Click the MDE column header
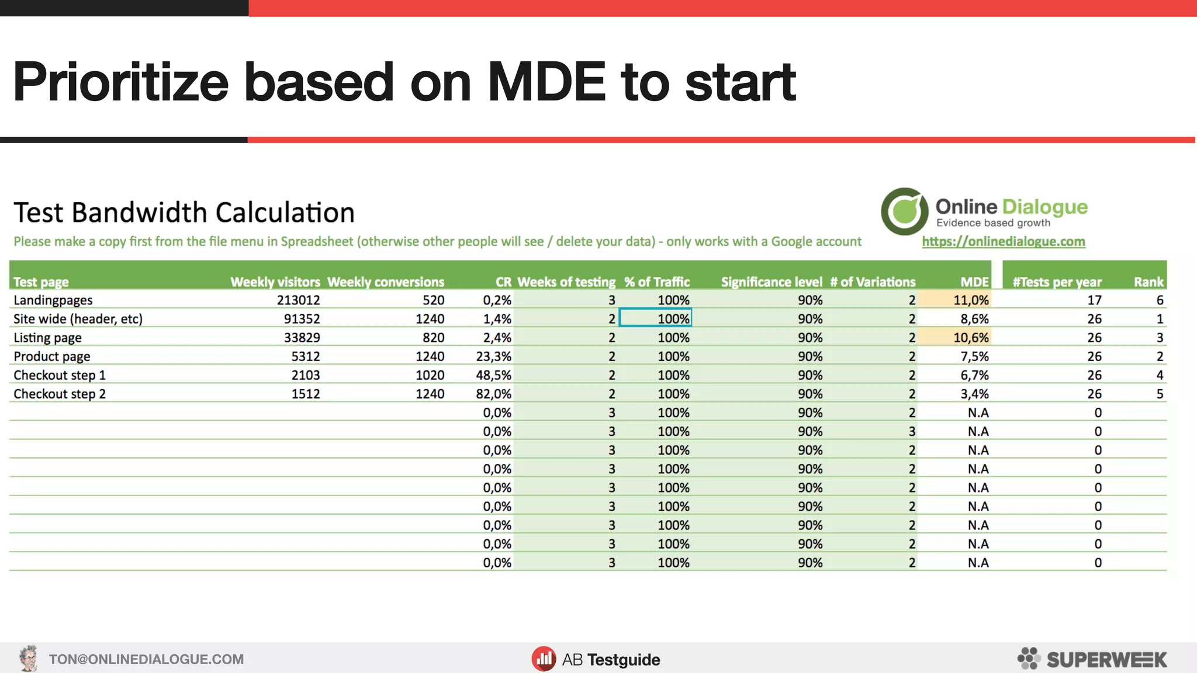[x=974, y=282]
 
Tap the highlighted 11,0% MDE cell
[x=971, y=300]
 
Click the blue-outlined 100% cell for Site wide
[x=656, y=319]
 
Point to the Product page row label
[x=52, y=356]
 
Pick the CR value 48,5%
[x=493, y=375]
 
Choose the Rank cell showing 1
[x=1160, y=319]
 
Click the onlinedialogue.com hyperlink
[x=1003, y=242]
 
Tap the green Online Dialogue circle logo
[x=904, y=211]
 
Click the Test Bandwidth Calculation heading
[x=184, y=213]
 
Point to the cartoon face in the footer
[x=27, y=658]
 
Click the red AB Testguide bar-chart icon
[x=544, y=659]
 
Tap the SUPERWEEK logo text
[x=1106, y=660]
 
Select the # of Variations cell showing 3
[x=911, y=432]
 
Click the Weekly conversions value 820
[x=433, y=338]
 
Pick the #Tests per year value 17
[x=1094, y=300]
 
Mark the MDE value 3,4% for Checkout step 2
[x=974, y=394]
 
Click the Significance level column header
[x=771, y=282]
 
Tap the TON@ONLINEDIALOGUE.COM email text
[x=146, y=660]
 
